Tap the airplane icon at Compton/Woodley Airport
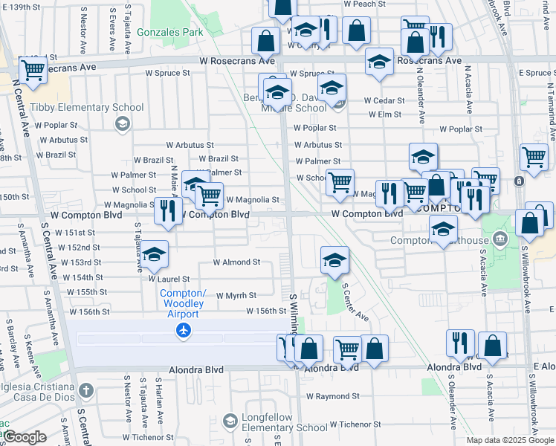point(184,329)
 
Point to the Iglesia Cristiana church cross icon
point(86,390)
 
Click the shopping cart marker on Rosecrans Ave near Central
point(33,70)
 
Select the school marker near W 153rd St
point(154,254)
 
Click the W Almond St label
point(236,262)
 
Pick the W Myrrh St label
point(236,295)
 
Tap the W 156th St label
point(266,311)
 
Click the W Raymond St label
point(333,397)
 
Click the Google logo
point(25,437)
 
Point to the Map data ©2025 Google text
point(509,440)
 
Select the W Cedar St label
point(384,100)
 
